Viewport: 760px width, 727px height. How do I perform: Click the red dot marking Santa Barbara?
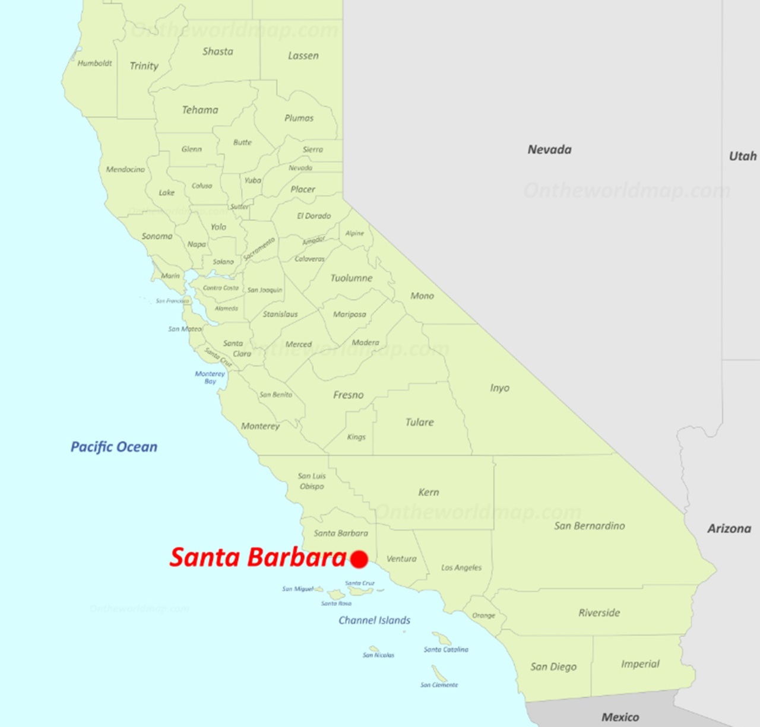coord(359,559)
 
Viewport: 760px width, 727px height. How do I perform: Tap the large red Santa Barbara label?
coord(258,557)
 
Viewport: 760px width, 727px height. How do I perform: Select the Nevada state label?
coord(549,150)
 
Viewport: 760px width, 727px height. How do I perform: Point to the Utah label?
coord(742,156)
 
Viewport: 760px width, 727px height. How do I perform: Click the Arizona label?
coord(729,528)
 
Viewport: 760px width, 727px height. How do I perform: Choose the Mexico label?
coord(620,717)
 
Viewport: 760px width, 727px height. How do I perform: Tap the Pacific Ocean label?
coord(114,447)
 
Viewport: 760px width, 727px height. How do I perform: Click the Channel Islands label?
coord(374,620)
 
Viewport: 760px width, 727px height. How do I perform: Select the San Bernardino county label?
coord(589,526)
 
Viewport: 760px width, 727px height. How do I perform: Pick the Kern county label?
coord(428,492)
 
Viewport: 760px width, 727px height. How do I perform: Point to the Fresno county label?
coord(348,395)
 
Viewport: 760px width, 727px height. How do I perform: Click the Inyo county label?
coord(499,388)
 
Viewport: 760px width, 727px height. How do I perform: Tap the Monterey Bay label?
coord(210,377)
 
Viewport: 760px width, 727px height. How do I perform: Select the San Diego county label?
coord(553,666)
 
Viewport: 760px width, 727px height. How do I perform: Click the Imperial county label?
coord(640,664)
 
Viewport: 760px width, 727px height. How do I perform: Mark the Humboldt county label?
coord(94,63)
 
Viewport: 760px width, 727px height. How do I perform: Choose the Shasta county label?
coord(217,52)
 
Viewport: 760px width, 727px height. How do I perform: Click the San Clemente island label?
coord(439,685)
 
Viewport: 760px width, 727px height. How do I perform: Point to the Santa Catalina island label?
coord(446,649)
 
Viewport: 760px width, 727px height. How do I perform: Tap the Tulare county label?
coord(419,422)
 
